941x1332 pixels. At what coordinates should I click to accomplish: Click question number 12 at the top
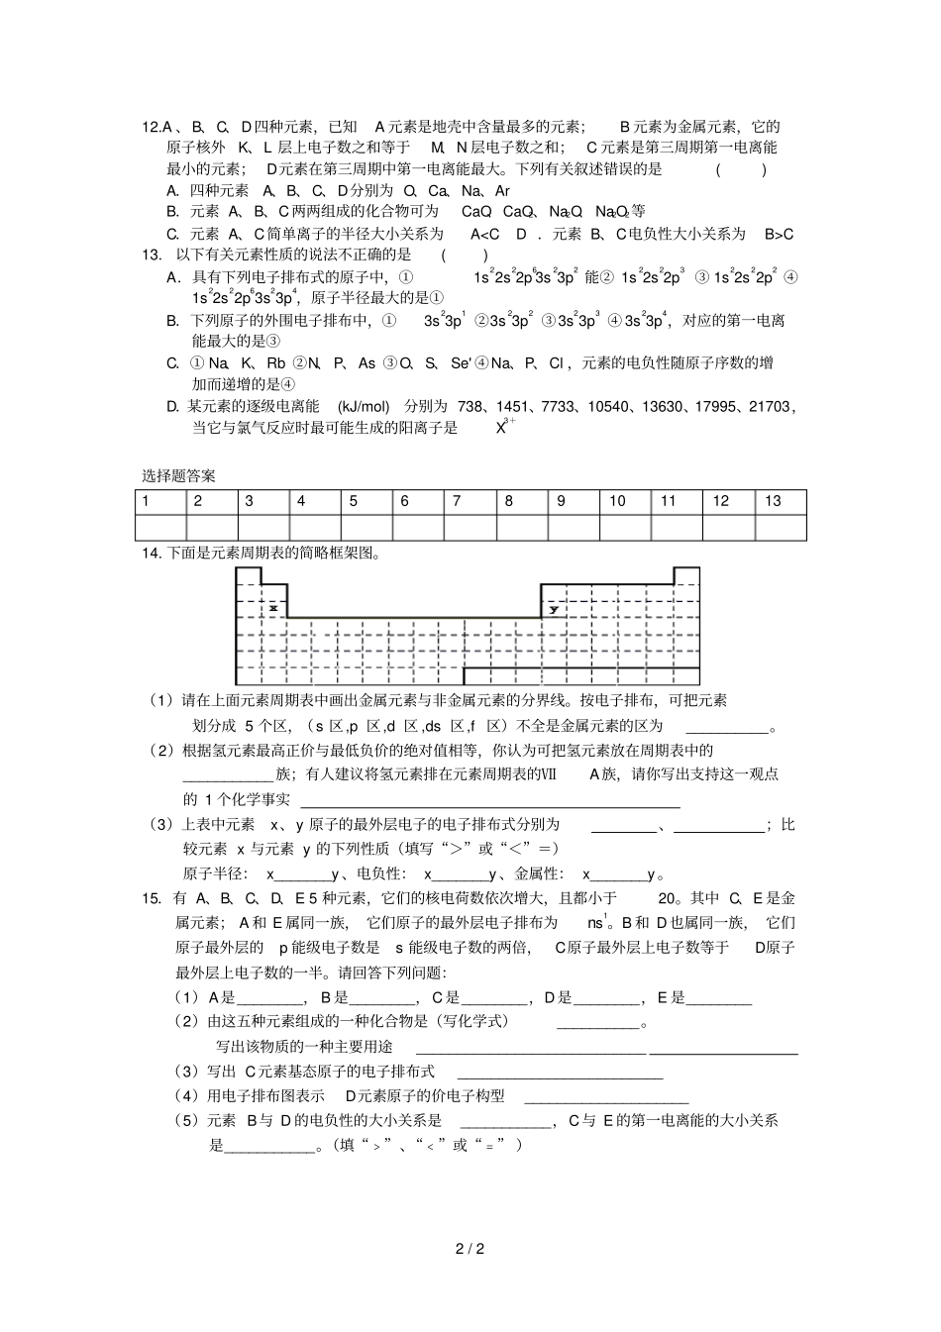tap(152, 127)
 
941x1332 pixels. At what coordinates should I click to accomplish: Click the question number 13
tap(152, 255)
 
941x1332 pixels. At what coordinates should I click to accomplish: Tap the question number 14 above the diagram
tap(152, 554)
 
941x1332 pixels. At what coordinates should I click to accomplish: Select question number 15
tap(152, 898)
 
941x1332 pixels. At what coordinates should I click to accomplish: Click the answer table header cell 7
tap(457, 501)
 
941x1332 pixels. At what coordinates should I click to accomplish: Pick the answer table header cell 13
tap(773, 501)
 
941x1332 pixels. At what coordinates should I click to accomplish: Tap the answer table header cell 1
tap(146, 501)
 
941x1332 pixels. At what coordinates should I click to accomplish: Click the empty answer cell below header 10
tap(626, 527)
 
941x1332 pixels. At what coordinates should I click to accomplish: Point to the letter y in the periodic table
tap(553, 609)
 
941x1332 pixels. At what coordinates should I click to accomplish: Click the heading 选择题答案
tap(178, 476)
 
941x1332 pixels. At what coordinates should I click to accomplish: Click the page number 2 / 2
tap(470, 1248)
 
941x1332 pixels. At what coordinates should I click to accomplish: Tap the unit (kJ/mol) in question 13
tap(364, 406)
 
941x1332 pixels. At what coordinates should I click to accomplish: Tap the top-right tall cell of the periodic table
tap(685, 576)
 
